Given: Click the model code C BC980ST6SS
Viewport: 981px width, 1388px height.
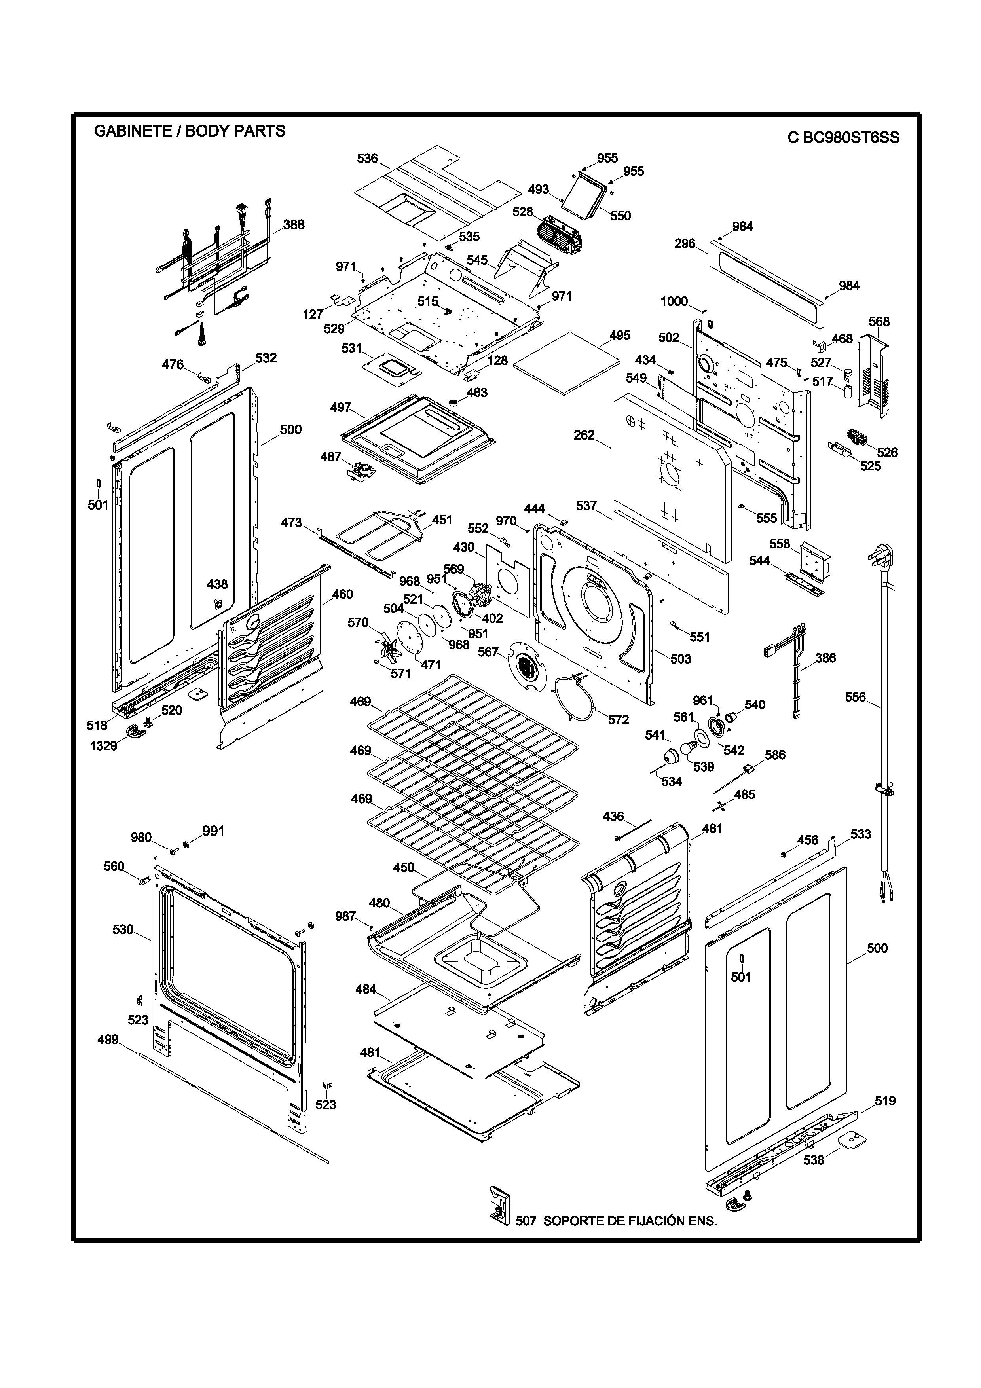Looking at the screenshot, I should [x=843, y=138].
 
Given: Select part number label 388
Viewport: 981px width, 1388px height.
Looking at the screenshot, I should [x=294, y=225].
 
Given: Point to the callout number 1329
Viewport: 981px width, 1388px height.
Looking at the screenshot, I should [x=103, y=746].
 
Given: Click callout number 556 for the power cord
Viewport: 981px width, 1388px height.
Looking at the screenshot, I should [x=855, y=697].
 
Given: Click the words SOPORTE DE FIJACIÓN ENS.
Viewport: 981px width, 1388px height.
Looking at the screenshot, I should [x=630, y=1221].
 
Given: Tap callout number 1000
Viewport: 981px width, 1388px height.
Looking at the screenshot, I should [x=674, y=301].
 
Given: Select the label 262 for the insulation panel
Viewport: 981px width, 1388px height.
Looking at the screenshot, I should [x=584, y=435].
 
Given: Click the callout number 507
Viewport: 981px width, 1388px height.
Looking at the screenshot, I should [x=526, y=1221].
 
